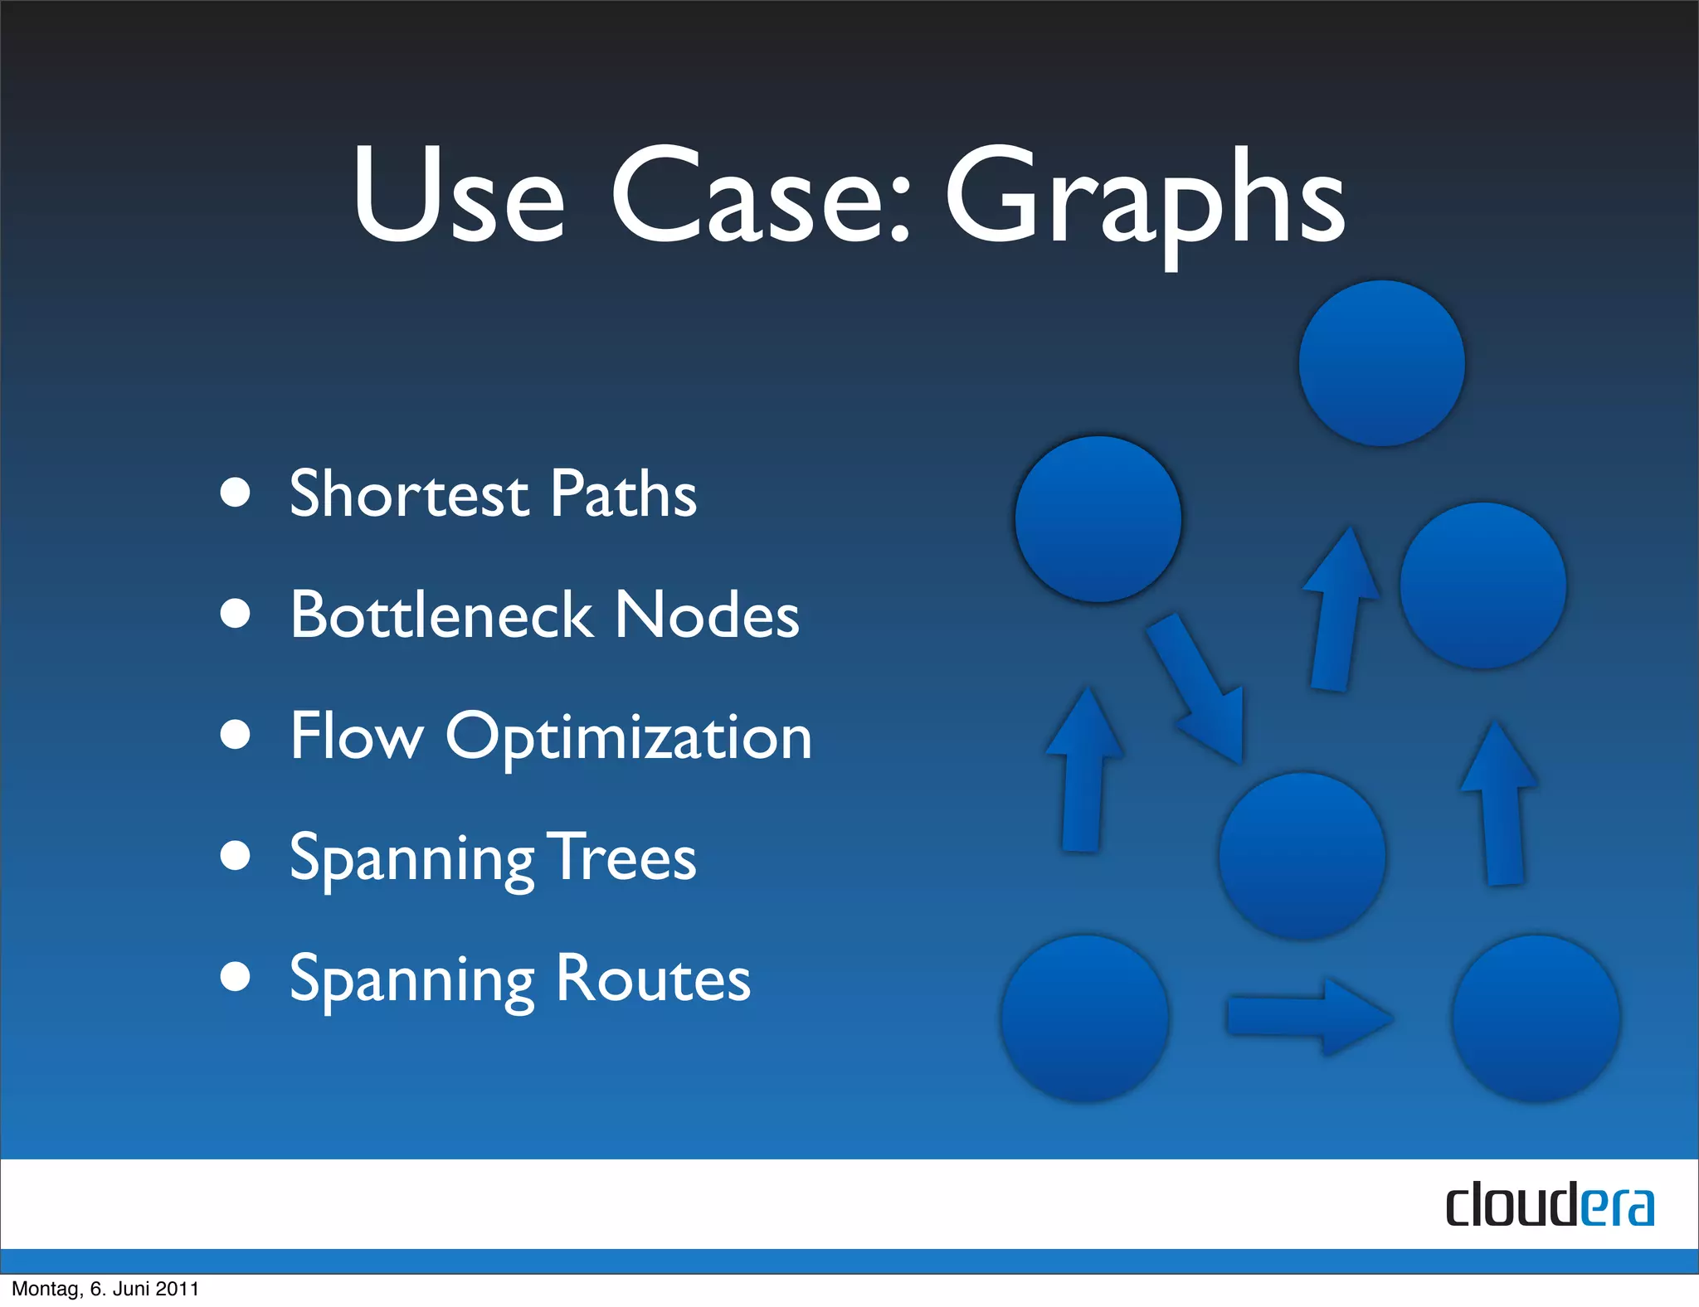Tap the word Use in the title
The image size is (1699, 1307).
(458, 196)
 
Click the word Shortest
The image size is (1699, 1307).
(408, 494)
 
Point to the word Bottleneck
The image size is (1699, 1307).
(441, 615)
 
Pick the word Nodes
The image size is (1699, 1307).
(707, 615)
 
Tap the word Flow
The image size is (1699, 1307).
(357, 736)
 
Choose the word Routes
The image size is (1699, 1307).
(653, 979)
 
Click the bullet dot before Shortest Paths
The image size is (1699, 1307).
(236, 492)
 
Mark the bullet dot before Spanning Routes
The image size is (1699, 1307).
(236, 976)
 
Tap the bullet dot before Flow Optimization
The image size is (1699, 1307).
(236, 734)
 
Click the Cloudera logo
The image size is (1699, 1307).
(1550, 1206)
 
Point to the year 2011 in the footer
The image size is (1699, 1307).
(178, 1289)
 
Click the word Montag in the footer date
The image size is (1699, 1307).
(45, 1289)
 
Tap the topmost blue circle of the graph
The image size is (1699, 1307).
(1381, 363)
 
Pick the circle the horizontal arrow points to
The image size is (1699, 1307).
(1536, 1018)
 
